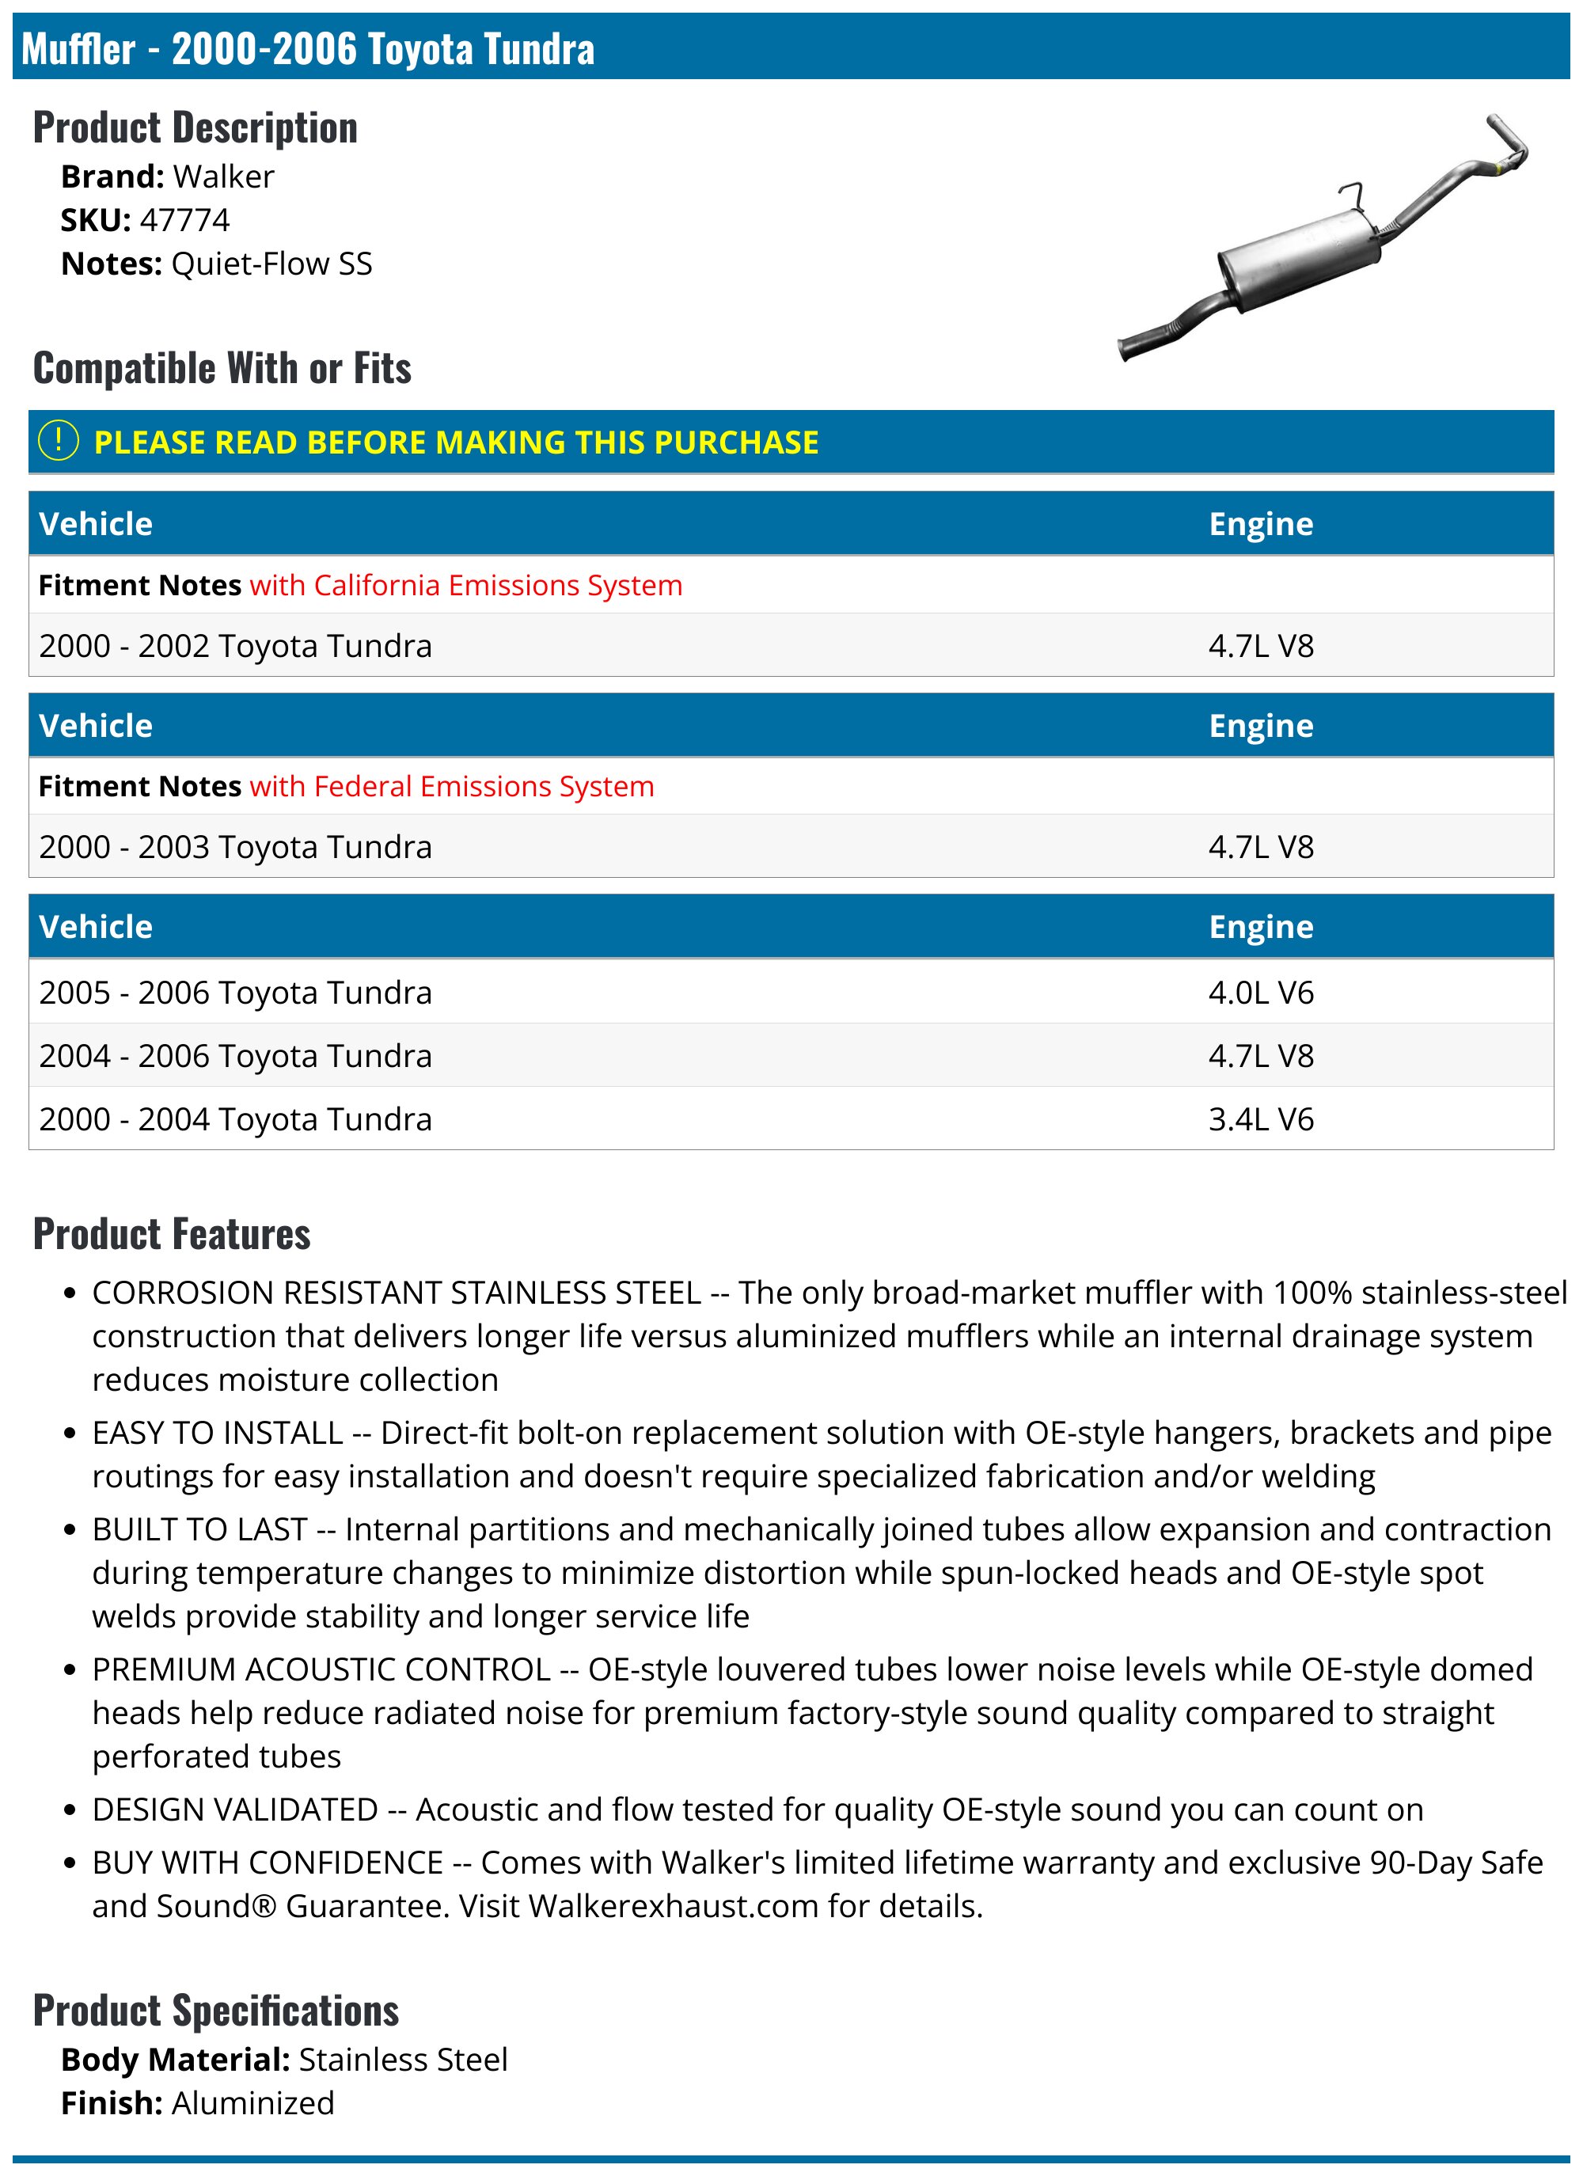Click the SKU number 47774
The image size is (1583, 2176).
(184, 221)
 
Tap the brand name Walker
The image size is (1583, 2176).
(223, 177)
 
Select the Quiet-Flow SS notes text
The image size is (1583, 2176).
(271, 264)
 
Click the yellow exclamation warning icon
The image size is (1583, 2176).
(58, 442)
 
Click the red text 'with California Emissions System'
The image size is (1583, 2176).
(465, 585)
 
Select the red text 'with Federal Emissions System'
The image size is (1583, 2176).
(451, 787)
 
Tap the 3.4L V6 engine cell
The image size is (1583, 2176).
(1261, 1118)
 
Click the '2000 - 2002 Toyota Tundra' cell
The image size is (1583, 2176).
(235, 646)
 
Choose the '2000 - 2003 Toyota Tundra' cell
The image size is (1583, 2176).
(235, 847)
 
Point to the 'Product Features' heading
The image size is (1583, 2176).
(172, 1234)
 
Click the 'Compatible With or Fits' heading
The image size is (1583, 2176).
(222, 368)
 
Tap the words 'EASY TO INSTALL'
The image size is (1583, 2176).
(218, 1433)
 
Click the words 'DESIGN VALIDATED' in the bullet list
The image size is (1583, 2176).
(235, 1810)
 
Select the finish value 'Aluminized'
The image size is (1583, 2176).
(253, 2103)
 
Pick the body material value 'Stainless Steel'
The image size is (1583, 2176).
(403, 2059)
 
